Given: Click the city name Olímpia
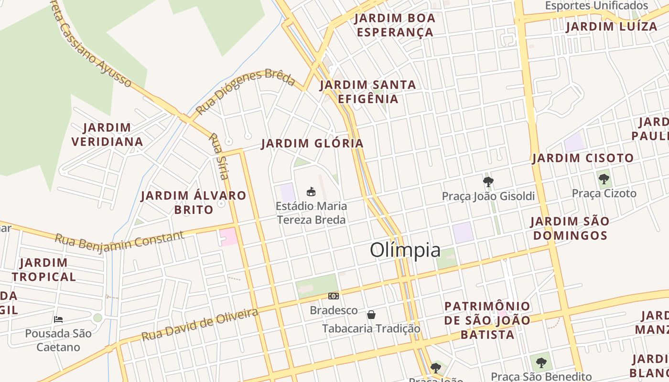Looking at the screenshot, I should click(405, 250).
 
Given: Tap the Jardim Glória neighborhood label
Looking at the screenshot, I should click(313, 143).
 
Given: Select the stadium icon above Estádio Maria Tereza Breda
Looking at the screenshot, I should click(311, 192).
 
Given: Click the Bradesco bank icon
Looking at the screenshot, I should click(334, 297).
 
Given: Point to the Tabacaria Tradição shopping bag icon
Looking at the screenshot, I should click(371, 315).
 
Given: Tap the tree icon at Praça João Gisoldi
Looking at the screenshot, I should click(488, 181).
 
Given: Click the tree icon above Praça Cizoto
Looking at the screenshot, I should click(604, 180).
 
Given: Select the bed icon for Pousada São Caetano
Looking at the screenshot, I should click(58, 319).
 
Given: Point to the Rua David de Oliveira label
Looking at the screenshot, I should click(200, 325).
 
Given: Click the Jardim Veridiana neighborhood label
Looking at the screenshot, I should click(107, 135).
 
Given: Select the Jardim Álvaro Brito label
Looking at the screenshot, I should click(194, 202).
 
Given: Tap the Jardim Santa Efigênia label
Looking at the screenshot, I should click(367, 92).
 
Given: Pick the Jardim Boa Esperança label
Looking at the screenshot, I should click(395, 25).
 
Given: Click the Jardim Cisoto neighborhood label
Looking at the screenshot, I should click(583, 158).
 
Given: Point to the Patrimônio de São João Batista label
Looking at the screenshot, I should click(487, 320).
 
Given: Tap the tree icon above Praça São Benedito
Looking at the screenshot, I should click(541, 363).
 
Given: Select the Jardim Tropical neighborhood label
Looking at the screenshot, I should click(44, 270).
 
